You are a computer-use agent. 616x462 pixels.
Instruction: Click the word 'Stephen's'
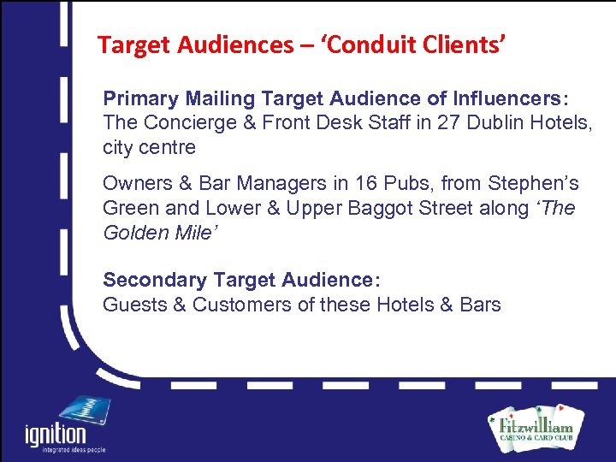pos(533,183)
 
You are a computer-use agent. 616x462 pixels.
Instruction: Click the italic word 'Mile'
pos(192,233)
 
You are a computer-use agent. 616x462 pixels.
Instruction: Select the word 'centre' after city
pos(168,147)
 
